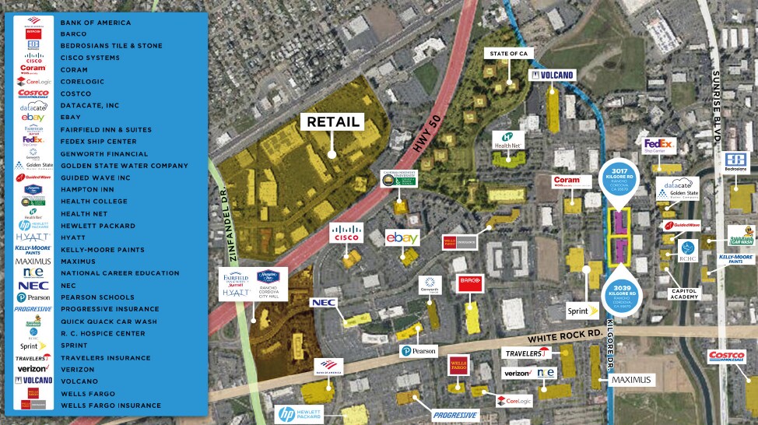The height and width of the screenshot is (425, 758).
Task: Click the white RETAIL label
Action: click(x=333, y=121)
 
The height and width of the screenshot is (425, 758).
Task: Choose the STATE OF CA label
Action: click(x=507, y=53)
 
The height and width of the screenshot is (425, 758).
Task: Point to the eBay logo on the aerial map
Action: click(x=403, y=237)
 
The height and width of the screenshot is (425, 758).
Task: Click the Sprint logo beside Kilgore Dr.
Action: click(x=582, y=309)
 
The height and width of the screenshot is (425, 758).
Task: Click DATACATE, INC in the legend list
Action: click(x=90, y=105)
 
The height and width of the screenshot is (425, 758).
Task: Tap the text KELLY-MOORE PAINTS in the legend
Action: click(x=102, y=249)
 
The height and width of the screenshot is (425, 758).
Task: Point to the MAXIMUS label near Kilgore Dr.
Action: click(x=632, y=379)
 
